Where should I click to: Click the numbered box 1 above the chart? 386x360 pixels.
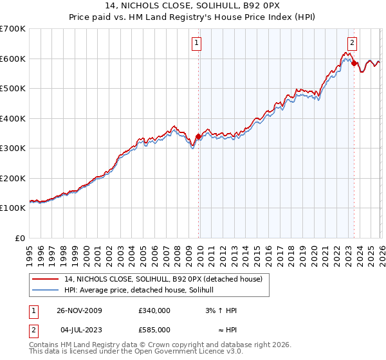(x=196, y=44)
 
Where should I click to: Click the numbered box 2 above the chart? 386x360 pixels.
(x=352, y=44)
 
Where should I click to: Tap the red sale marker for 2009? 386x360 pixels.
(x=198, y=136)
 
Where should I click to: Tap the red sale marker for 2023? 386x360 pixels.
(x=354, y=63)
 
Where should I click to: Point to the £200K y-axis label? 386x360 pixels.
(x=13, y=178)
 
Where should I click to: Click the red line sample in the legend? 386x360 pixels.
(x=45, y=280)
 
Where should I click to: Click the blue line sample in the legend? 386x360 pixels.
(x=45, y=291)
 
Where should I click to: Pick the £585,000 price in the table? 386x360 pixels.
(x=154, y=330)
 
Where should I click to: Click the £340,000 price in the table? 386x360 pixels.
(x=154, y=310)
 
